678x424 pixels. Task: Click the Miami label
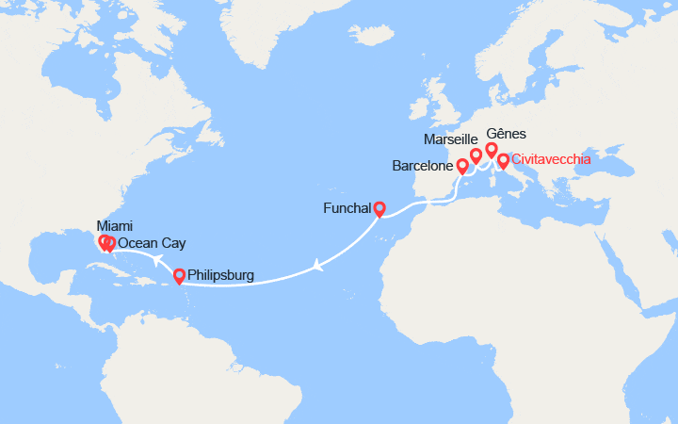[x=115, y=226]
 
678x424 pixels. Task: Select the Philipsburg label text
[x=222, y=276]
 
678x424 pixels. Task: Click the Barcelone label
[x=423, y=167]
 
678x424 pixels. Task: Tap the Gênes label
[x=508, y=134]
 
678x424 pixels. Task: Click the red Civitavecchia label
[x=552, y=159]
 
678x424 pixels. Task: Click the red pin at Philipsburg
[x=179, y=276]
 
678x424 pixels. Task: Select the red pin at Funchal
[x=379, y=209]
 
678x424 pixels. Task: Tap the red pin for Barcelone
[x=462, y=166]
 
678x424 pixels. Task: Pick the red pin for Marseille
[x=476, y=155]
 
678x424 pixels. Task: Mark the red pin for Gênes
[x=492, y=149]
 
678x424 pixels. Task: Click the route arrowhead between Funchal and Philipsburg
[x=320, y=266]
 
